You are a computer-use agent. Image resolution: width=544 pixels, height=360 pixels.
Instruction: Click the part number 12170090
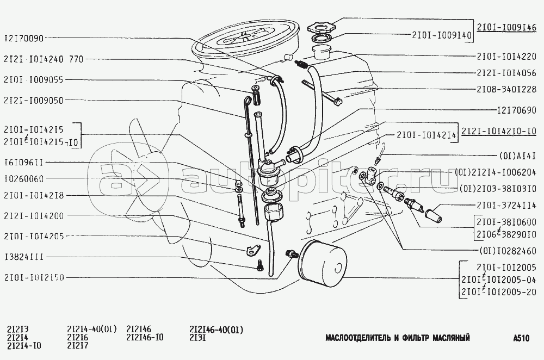[x=23, y=38]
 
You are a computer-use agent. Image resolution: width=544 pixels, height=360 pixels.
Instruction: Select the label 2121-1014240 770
[x=44, y=59]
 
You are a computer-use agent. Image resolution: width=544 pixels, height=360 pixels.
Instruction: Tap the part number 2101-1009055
[x=34, y=80]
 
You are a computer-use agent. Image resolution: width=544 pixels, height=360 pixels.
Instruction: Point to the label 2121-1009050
[x=34, y=101]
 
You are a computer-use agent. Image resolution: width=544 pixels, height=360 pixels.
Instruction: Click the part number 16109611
[x=23, y=162]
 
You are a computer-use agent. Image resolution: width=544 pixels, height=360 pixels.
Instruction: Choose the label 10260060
[x=23, y=179]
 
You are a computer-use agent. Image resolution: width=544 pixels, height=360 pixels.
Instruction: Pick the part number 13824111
[x=23, y=257]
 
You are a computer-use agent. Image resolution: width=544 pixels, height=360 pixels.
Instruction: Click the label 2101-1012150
[x=34, y=278]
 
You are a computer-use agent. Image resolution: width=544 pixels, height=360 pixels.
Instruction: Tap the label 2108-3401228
[x=506, y=89]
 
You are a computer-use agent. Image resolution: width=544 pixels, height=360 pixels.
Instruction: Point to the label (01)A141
[x=518, y=156]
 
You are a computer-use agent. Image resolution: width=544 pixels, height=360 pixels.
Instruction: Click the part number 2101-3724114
[x=506, y=206]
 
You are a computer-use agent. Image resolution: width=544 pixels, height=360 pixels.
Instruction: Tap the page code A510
[x=521, y=338]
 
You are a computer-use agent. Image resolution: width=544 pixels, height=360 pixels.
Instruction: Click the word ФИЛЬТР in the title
[x=414, y=338]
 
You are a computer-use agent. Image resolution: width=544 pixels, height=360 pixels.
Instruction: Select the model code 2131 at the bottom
[x=198, y=338]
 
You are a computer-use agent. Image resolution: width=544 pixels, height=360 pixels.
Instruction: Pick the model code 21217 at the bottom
[x=78, y=345]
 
